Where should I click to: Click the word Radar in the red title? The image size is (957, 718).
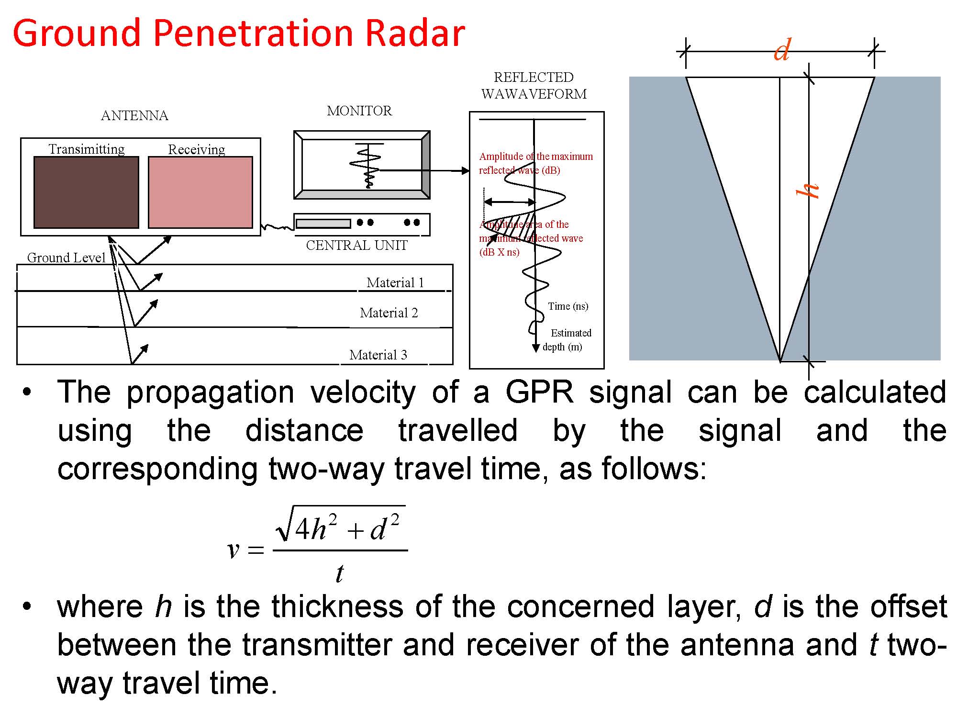coord(415,33)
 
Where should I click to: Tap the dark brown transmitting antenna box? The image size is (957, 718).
coord(86,192)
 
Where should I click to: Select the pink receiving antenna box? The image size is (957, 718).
coord(200,192)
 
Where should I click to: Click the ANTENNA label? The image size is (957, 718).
coord(134,115)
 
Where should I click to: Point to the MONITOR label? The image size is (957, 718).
coord(359,111)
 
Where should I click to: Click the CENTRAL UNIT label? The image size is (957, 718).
coord(356,245)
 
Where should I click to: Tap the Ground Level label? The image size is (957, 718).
coord(66,258)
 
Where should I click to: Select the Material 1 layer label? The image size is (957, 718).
coord(395,282)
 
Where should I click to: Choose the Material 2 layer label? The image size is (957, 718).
coord(389,313)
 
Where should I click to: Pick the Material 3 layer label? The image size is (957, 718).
coord(378,355)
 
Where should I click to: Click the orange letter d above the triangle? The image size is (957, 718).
coord(782,50)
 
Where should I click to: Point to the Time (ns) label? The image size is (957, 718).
coord(568,306)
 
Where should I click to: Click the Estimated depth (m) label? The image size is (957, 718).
coord(567,339)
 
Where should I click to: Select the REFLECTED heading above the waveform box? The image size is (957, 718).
coord(534,77)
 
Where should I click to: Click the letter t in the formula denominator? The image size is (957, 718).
coord(340,573)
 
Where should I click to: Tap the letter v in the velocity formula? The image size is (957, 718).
coord(233,550)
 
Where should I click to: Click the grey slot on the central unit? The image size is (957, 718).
coord(323,224)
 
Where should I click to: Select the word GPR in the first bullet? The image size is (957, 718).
coord(540,392)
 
